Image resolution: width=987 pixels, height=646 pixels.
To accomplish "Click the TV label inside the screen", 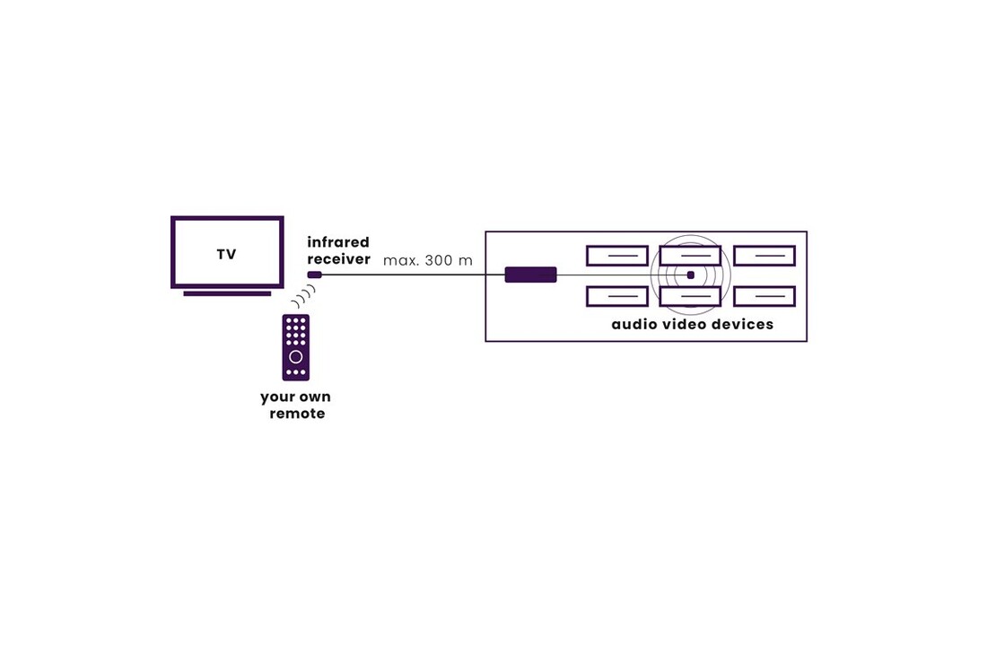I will (226, 255).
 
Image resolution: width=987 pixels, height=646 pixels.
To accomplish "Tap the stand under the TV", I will (227, 293).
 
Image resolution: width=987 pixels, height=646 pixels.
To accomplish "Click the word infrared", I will (338, 242).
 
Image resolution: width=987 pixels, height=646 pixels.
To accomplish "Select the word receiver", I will (338, 259).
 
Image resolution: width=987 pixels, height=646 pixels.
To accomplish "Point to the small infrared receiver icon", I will (314, 275).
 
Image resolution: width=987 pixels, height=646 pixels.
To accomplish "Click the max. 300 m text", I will (428, 261).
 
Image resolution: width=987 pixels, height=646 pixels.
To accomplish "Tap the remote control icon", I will (296, 347).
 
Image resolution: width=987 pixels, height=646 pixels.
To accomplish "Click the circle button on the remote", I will (296, 357).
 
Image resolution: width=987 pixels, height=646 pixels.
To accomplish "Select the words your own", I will (295, 397).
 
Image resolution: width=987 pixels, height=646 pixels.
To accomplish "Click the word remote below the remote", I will (297, 414).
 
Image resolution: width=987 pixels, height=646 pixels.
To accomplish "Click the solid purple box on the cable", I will (530, 275).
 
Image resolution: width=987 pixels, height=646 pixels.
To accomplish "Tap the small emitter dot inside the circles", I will (691, 275).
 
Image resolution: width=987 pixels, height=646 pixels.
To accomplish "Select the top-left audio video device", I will (617, 256).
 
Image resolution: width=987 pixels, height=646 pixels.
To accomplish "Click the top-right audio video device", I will (764, 256).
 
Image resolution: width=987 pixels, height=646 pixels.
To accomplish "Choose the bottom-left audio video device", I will (617, 296).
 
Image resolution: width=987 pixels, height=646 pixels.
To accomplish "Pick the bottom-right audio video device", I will (764, 296).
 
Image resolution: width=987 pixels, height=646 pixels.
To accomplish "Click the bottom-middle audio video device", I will (690, 297).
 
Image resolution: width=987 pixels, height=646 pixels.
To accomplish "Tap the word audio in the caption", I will (634, 324).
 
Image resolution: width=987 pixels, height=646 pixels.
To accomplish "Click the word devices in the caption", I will (741, 324).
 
